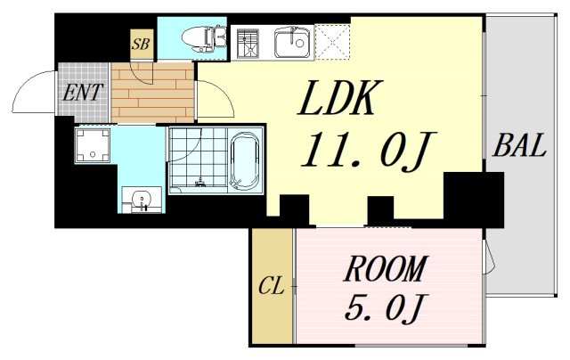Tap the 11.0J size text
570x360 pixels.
pyautogui.click(x=368, y=150)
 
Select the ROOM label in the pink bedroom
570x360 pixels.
pyautogui.click(x=385, y=269)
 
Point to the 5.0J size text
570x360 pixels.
pyautogui.click(x=385, y=307)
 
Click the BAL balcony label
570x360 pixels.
pyautogui.click(x=519, y=144)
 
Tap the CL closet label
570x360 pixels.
pyautogui.click(x=271, y=287)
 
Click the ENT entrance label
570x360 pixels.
pyautogui.click(x=83, y=92)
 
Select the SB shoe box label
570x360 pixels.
pyautogui.click(x=141, y=44)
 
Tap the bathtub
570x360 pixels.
pyautogui.click(x=245, y=160)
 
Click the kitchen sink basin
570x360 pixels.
pyautogui.click(x=294, y=44)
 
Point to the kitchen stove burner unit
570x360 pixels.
pyautogui.click(x=248, y=44)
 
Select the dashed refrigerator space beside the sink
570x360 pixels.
pyautogui.click(x=332, y=42)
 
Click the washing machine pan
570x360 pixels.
pyautogui.click(x=93, y=144)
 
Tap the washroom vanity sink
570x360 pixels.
pyautogui.click(x=142, y=200)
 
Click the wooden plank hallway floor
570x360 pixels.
pyautogui.click(x=152, y=93)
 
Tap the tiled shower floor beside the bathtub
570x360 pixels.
pyautogui.click(x=198, y=157)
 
